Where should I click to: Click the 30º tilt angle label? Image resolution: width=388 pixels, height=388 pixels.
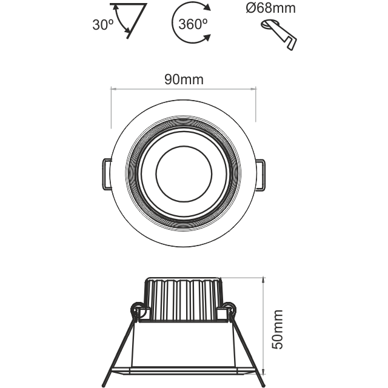103,25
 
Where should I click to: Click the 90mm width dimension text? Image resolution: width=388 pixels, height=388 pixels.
184,79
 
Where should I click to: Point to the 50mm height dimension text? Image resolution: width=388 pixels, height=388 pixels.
277,329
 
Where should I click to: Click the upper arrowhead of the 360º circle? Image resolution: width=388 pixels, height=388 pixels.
207,8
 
